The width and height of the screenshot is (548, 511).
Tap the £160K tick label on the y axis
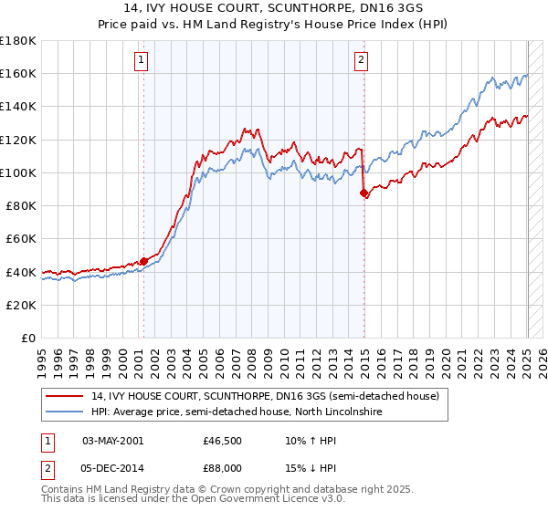pos(18,73)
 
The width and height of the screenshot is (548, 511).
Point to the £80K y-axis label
pos(21,205)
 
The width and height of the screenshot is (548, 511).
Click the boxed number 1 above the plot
pos(142,61)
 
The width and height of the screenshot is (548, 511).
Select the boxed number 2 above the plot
pos(362,61)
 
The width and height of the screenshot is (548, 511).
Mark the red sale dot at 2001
pos(143,261)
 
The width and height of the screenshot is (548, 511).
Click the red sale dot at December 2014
pos(364,193)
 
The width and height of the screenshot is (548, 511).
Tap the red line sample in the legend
pos(66,396)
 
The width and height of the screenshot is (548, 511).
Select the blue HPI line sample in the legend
pos(66,412)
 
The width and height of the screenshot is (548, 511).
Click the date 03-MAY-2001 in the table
pos(112,440)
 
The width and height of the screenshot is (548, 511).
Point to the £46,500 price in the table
pos(222,440)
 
